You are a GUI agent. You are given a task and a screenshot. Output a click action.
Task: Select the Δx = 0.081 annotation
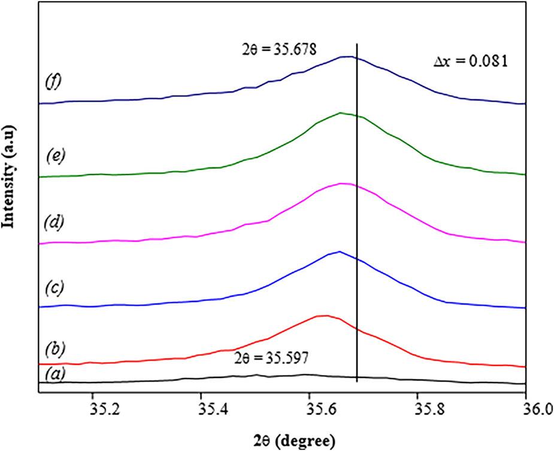(x=471, y=62)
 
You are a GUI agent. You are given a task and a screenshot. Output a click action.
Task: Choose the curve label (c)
(x=55, y=288)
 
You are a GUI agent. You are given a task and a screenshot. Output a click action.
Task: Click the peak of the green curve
(x=340, y=112)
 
